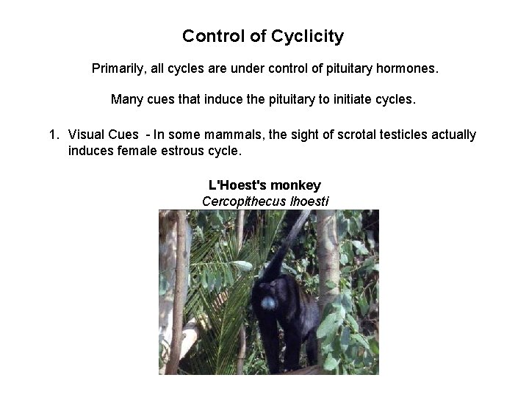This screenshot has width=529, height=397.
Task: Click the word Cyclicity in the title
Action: (310, 36)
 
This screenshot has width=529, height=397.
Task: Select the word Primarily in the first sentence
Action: (118, 68)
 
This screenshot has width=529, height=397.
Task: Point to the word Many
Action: (126, 99)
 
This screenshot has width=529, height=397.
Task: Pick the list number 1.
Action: (53, 135)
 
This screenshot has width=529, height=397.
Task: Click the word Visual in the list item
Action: (85, 135)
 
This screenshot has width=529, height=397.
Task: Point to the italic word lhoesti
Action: (305, 201)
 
